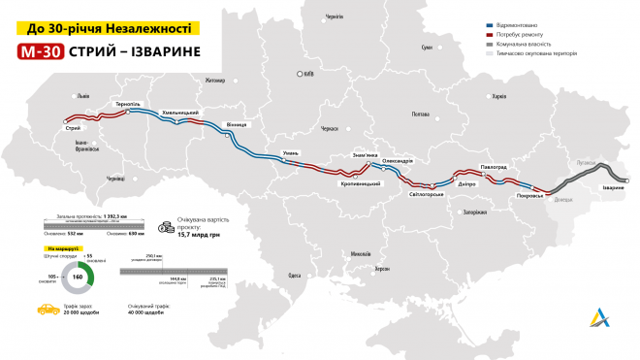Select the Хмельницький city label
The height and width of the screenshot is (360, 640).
click(x=179, y=112)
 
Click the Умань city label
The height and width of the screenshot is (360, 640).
click(x=291, y=153)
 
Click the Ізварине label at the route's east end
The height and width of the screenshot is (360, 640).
click(x=613, y=186)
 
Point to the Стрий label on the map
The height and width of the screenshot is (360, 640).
click(x=72, y=128)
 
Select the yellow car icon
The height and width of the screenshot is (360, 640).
click(x=44, y=311)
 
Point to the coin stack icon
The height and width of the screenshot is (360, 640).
click(x=167, y=225)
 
